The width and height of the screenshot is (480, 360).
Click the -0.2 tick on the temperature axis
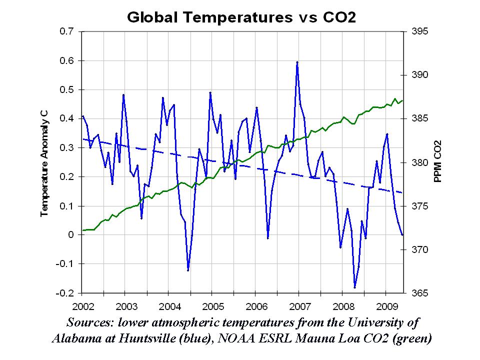[x=66, y=293]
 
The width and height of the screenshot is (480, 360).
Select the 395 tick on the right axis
[x=420, y=31]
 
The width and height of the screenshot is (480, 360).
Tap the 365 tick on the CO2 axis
[x=420, y=293]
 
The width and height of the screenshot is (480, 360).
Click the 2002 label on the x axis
[x=81, y=305]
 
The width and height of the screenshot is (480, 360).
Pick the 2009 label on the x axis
[x=386, y=305]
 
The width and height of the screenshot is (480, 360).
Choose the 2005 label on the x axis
[x=212, y=305]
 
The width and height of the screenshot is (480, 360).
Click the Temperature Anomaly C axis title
[x=44, y=162]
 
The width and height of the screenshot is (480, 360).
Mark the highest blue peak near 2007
[x=297, y=62]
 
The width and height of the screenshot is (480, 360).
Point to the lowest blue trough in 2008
[x=355, y=287]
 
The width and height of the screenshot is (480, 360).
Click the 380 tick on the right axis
[x=420, y=162]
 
